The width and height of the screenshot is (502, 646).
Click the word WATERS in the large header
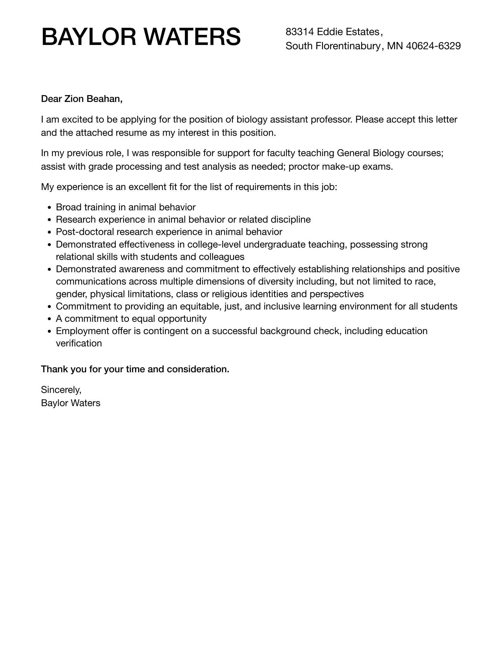click(x=192, y=37)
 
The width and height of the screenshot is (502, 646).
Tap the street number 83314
click(x=300, y=32)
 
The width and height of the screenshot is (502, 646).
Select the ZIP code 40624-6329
click(x=433, y=46)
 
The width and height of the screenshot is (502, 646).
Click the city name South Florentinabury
click(x=333, y=46)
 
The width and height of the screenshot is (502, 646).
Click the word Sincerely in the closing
click(x=61, y=390)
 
